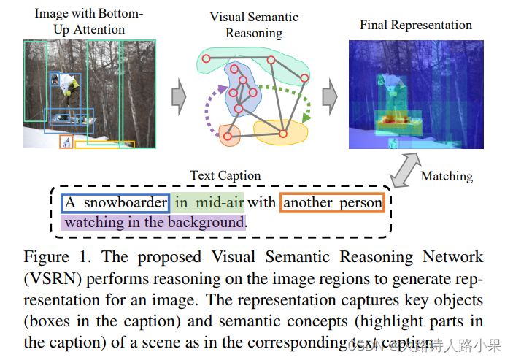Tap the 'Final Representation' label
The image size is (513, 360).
point(416,25)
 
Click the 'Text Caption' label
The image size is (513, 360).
point(225,175)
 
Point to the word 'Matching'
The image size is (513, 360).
point(447,176)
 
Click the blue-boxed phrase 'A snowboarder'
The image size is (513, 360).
point(115,202)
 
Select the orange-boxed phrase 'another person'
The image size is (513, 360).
point(333,202)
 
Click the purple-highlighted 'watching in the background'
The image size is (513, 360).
point(155,221)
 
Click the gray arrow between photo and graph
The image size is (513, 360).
point(178,95)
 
